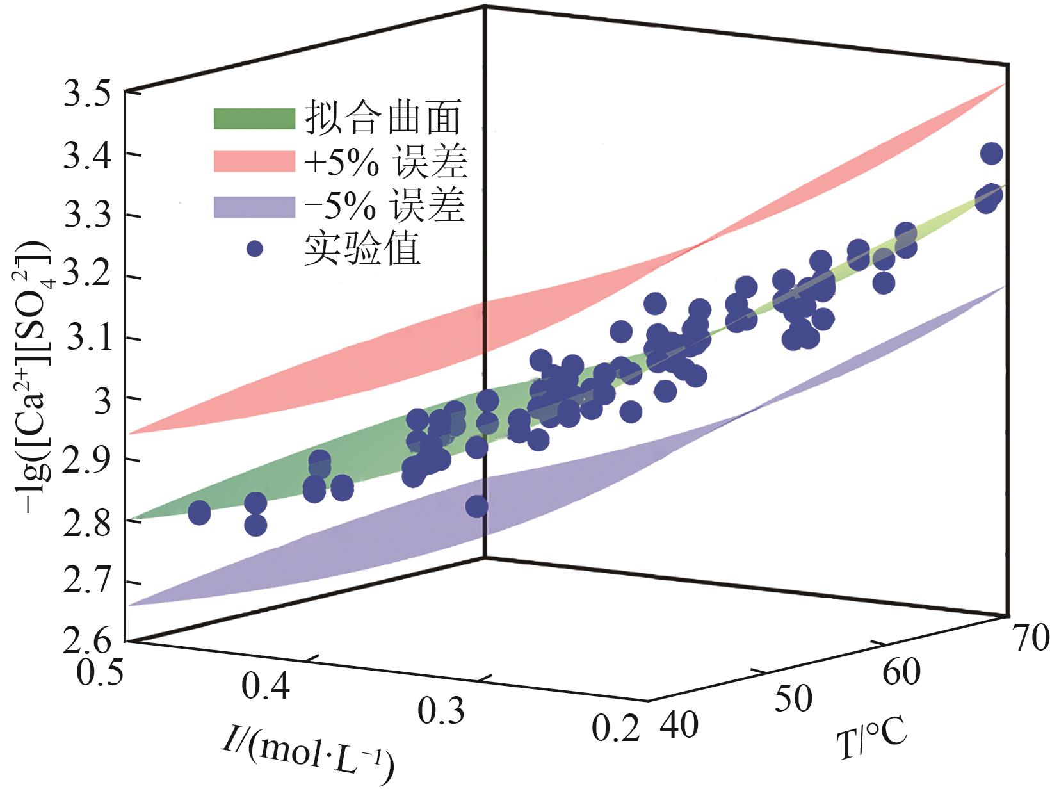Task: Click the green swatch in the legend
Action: pos(254,118)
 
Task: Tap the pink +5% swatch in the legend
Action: pos(254,162)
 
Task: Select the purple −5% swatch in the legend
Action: pos(254,207)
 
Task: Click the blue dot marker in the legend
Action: pos(255,248)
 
